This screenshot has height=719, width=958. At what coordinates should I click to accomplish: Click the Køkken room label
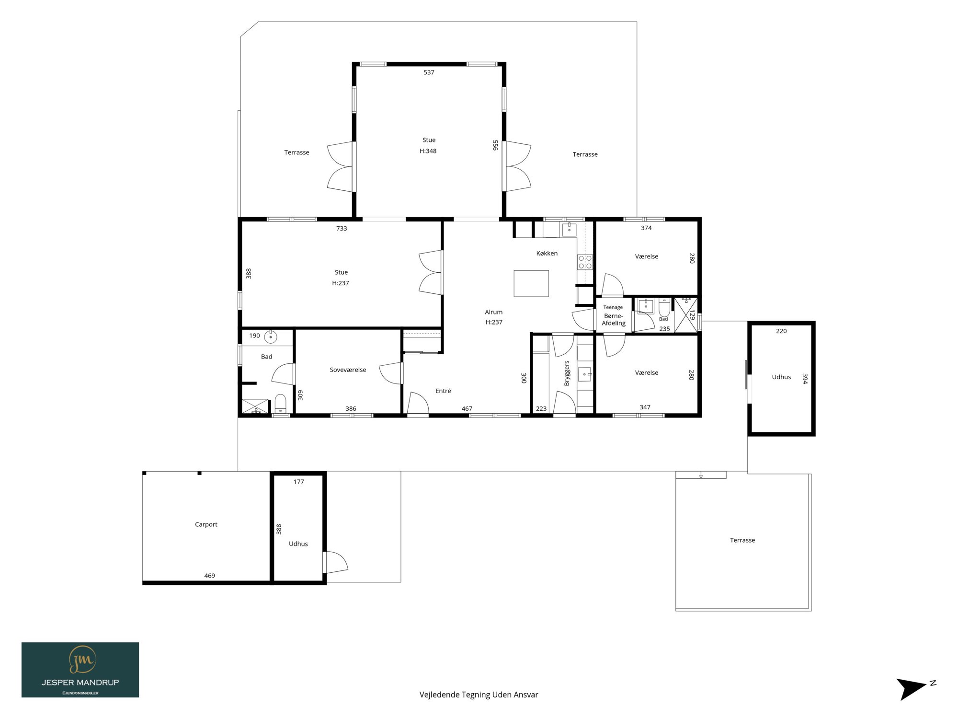pyautogui.click(x=547, y=254)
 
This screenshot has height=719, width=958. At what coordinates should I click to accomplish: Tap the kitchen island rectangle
pyautogui.click(x=531, y=283)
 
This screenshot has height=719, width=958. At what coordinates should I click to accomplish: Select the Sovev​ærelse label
pyautogui.click(x=348, y=370)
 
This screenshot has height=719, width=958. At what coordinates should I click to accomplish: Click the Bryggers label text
pyautogui.click(x=567, y=373)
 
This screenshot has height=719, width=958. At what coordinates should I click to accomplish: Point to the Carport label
pyautogui.click(x=206, y=524)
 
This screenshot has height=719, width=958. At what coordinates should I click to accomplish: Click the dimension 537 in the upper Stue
pyautogui.click(x=429, y=72)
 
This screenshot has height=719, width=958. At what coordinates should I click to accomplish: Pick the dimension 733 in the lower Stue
pyautogui.click(x=342, y=229)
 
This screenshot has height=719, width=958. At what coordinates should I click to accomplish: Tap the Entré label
pyautogui.click(x=443, y=391)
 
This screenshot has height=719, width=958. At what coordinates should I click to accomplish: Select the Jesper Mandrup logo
pyautogui.click(x=80, y=670)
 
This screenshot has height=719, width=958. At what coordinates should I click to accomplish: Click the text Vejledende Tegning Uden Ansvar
pyautogui.click(x=479, y=695)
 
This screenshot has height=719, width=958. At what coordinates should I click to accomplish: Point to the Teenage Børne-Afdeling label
pyautogui.click(x=614, y=316)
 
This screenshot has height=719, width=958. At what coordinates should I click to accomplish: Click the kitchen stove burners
pyautogui.click(x=585, y=262)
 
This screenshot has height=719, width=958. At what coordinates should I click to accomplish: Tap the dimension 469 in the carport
pyautogui.click(x=210, y=576)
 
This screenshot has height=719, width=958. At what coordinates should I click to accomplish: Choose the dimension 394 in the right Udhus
pyautogui.click(x=805, y=379)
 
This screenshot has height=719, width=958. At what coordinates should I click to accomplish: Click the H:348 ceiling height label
pyautogui.click(x=428, y=151)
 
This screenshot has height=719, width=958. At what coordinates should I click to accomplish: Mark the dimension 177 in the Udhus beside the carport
pyautogui.click(x=298, y=482)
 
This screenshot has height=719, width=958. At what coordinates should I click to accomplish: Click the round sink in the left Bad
pyautogui.click(x=271, y=336)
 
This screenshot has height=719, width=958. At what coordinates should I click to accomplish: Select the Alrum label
pyautogui.click(x=493, y=312)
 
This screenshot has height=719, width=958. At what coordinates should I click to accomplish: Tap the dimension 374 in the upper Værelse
pyautogui.click(x=646, y=228)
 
